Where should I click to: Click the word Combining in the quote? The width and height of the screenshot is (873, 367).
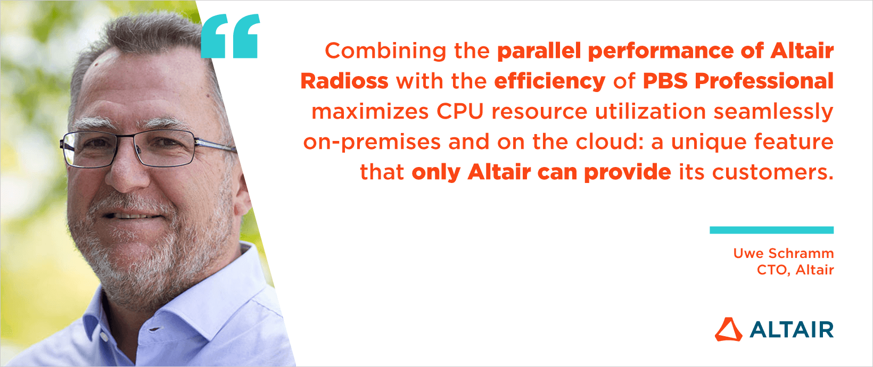[385, 51]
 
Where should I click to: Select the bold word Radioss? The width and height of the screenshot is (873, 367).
[344, 81]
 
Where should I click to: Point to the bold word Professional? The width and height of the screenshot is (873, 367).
[764, 81]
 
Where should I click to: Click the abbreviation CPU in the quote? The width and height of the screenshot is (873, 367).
[460, 112]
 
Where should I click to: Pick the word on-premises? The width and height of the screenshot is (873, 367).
[372, 143]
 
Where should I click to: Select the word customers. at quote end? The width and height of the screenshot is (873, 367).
[773, 172]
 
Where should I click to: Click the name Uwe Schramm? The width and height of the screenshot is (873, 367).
[784, 254]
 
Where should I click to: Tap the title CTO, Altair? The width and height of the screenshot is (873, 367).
[795, 270]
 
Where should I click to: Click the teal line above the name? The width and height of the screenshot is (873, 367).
[772, 230]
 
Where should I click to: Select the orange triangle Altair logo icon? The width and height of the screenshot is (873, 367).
[728, 330]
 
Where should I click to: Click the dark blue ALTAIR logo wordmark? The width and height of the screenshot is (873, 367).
[792, 330]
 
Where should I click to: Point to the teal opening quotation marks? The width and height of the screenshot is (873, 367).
[230, 36]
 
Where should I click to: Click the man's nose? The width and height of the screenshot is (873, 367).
[127, 171]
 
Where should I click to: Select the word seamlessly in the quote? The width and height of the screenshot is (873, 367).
[773, 112]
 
